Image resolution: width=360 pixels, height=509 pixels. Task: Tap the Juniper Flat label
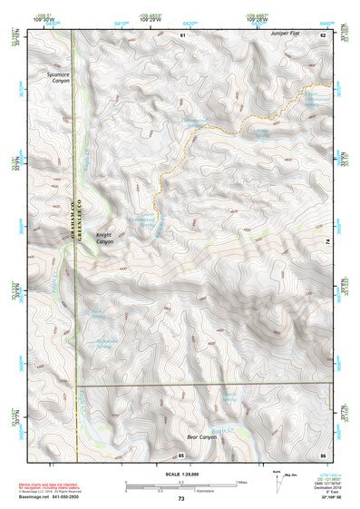coord(284,34)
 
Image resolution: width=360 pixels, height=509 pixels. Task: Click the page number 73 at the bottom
coord(180,499)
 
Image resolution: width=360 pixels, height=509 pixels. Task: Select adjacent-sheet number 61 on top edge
coord(181,34)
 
